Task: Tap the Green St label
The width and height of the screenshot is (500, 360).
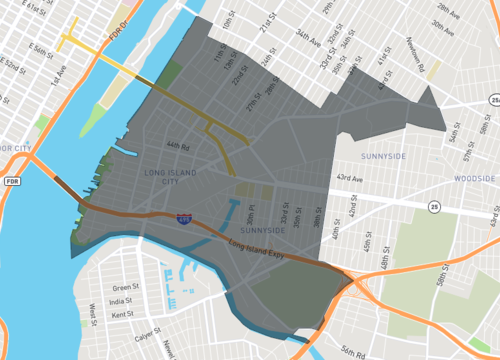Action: [x=125, y=287]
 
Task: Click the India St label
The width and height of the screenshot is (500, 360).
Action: [x=121, y=301]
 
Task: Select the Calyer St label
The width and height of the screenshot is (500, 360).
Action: [x=147, y=336]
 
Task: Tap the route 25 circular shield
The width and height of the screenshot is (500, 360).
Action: [x=433, y=206]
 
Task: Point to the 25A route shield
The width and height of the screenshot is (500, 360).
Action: [x=495, y=100]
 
